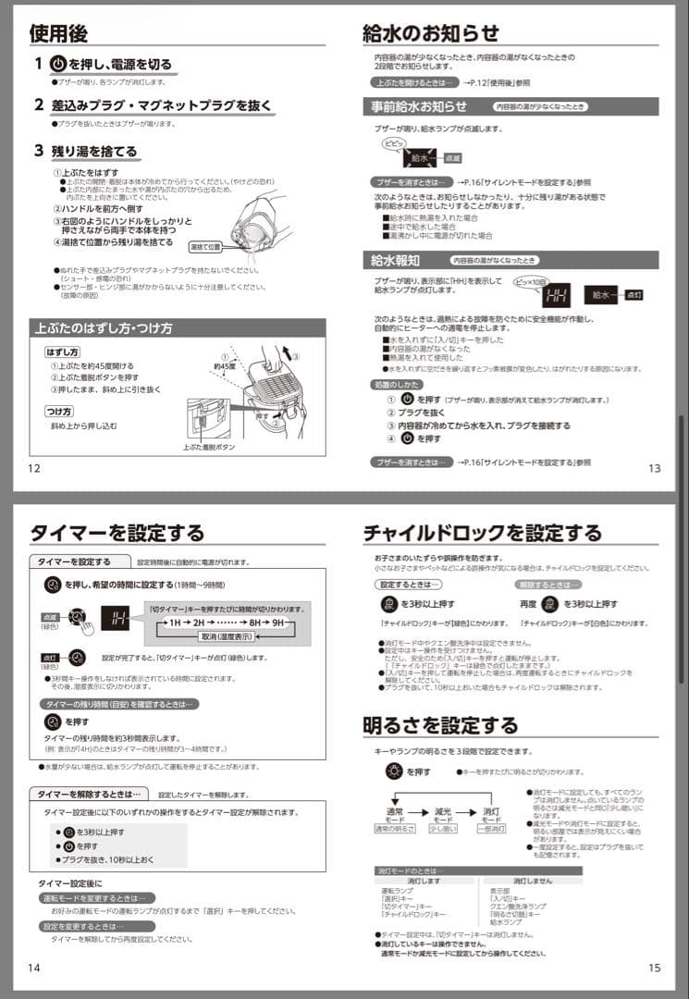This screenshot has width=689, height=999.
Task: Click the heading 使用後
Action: pos(58,33)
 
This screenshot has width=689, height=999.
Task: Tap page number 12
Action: pos(34,468)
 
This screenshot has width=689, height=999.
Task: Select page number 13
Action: pos(655,468)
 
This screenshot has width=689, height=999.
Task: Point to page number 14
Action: pos(34,968)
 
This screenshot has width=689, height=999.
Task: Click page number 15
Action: pos(655,968)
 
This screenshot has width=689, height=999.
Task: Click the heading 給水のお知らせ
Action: pos(430,33)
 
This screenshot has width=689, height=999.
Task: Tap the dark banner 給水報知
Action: pos(395,260)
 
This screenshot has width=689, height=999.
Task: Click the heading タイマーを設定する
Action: pos(117,532)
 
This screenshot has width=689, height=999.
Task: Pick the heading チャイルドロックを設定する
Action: pos(482,532)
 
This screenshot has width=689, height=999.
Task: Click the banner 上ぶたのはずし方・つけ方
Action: pos(104,328)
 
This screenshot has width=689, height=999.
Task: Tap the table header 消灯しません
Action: pos(532,882)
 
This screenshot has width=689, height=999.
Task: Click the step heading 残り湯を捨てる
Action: pos(93,151)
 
